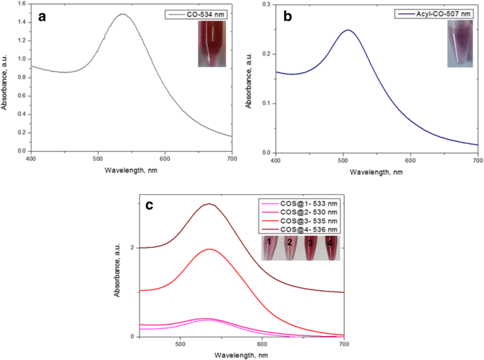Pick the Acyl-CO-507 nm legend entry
pyautogui.click(x=445, y=13)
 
